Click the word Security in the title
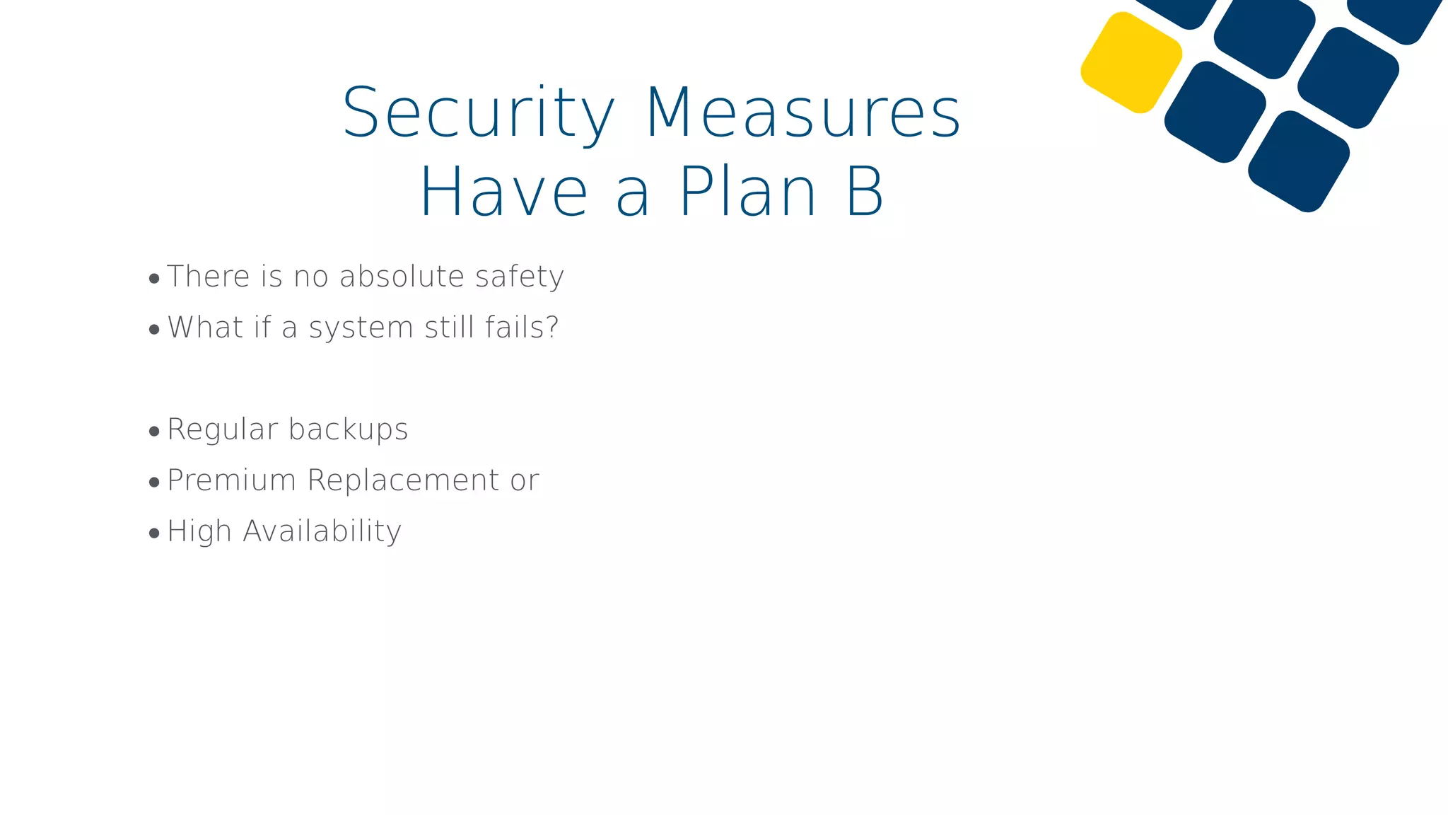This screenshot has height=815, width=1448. point(479,113)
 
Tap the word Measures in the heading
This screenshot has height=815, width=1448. point(803,113)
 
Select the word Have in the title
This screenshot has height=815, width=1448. point(503,192)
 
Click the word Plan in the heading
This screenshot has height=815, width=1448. point(748,192)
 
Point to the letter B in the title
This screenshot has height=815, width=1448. point(865,192)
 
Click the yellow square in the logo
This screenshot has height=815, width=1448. point(1131,62)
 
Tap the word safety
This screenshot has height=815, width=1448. point(520,277)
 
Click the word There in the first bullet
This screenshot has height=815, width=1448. point(209,277)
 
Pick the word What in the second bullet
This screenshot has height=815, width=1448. point(206,328)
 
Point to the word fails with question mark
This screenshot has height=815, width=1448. point(522,328)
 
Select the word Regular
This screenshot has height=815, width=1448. point(223,430)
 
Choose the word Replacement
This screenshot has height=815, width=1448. point(404,481)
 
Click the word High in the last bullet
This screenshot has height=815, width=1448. point(199,532)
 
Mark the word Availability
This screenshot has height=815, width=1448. point(322,532)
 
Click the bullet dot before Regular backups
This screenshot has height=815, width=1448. point(154,432)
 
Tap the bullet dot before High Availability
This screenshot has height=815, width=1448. point(154,533)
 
